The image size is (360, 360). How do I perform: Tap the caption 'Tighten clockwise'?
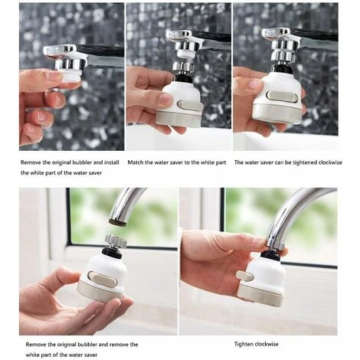[257, 344]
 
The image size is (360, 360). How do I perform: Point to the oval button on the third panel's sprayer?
[282, 97]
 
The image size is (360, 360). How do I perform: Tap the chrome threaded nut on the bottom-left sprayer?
[116, 241]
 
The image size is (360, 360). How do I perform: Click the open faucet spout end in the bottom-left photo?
[118, 221]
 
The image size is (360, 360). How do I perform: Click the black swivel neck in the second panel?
[183, 78]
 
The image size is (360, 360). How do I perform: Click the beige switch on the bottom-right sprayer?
[245, 276]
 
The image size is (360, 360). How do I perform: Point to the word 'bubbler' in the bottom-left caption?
[87, 345]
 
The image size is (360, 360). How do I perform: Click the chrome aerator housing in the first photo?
[70, 64]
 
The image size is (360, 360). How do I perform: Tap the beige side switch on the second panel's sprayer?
[190, 105]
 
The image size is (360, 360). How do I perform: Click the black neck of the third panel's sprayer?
[282, 68]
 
